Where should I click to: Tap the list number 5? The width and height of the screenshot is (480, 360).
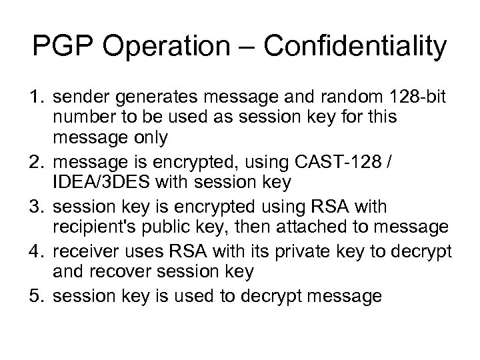(35, 295)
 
